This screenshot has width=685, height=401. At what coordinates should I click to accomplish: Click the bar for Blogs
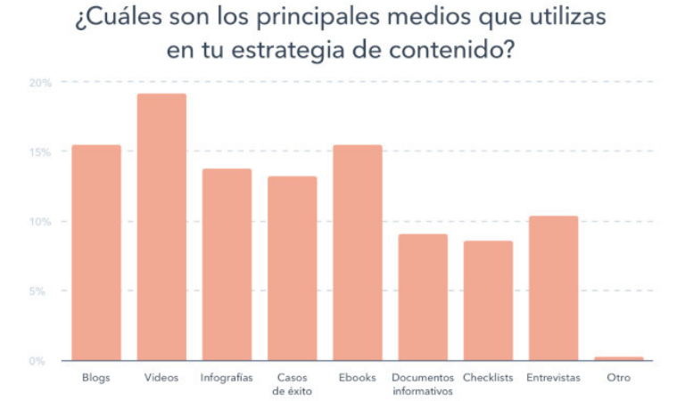(x=95, y=253)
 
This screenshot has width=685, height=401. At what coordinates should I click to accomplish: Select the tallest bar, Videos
(x=161, y=227)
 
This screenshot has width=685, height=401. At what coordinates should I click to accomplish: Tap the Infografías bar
(x=227, y=265)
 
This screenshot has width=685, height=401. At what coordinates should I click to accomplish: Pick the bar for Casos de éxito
(x=292, y=268)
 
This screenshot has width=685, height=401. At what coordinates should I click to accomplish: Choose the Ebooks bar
(x=358, y=253)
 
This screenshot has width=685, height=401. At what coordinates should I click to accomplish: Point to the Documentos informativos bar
(x=423, y=298)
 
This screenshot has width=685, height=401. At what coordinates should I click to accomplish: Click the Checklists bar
(x=488, y=301)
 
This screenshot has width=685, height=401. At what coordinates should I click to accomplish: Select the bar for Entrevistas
(x=553, y=289)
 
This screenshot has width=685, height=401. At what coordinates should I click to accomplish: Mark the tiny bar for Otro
(x=618, y=358)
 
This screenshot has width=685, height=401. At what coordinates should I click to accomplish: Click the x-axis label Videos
(x=161, y=378)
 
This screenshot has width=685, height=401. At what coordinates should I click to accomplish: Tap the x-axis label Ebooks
(x=358, y=378)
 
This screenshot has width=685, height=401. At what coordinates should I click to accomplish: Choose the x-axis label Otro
(x=618, y=378)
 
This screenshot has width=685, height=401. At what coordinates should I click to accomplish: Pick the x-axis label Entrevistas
(x=553, y=378)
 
